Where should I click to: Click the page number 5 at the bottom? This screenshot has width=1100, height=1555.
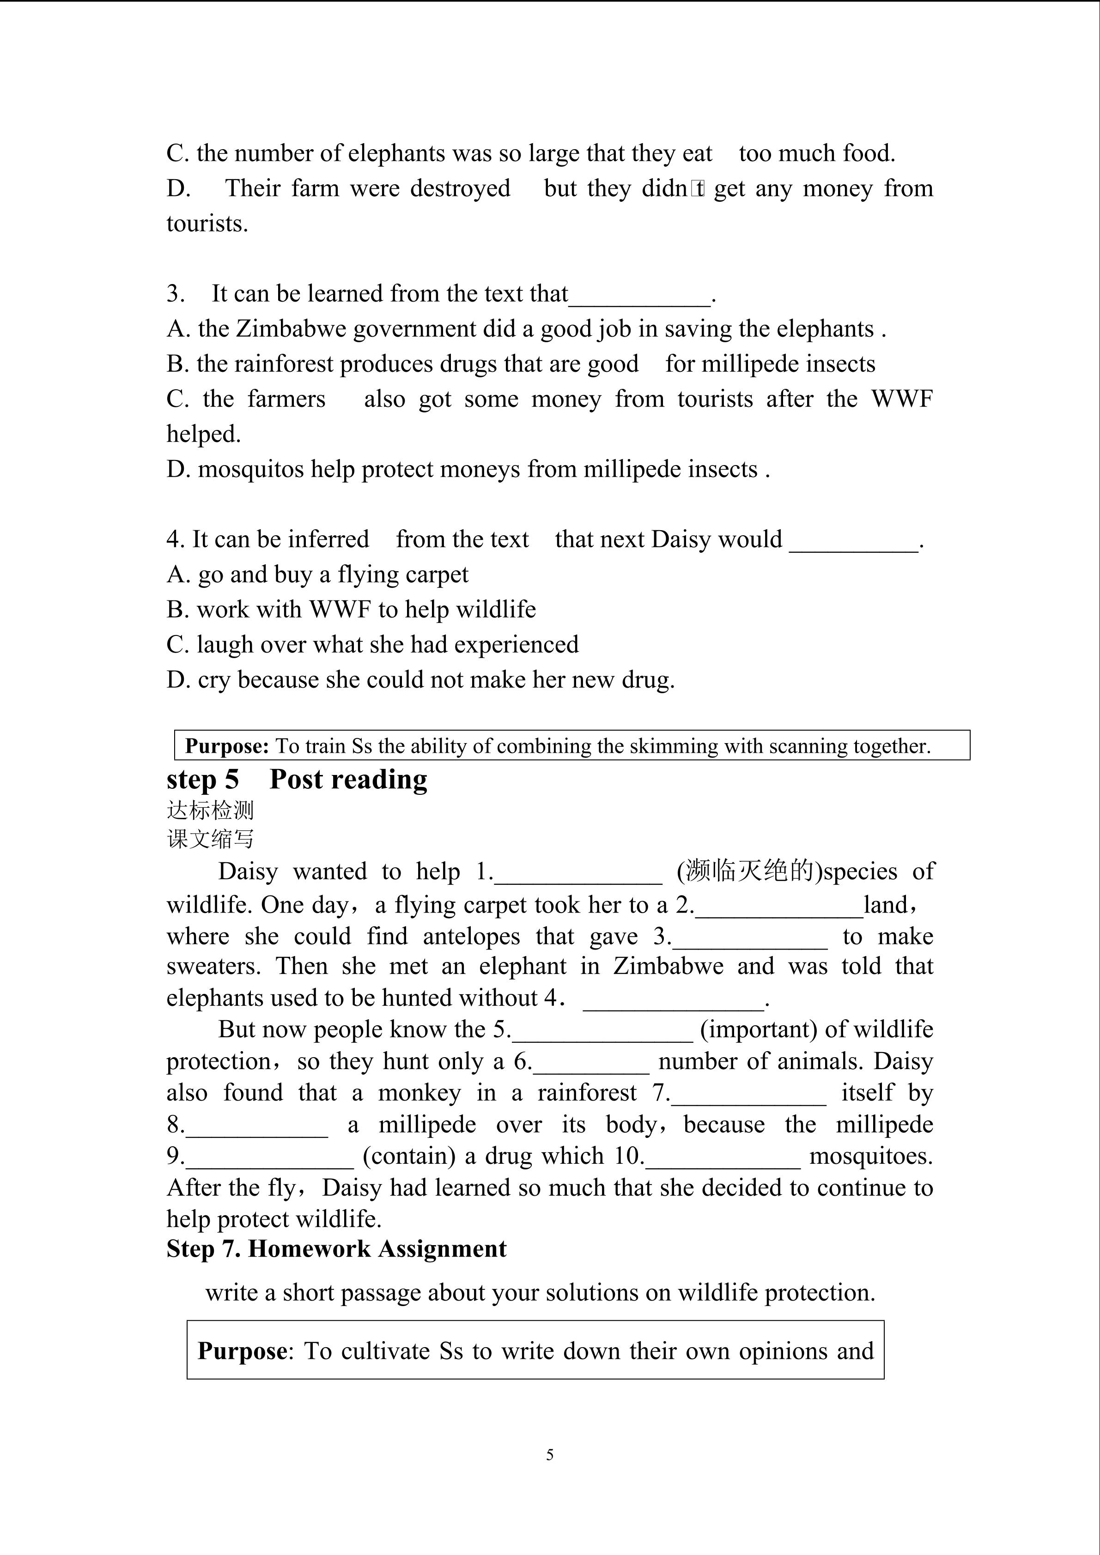549,1455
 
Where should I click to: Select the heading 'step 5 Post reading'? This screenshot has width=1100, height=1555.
297,780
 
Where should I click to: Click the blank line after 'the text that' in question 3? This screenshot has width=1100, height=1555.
640,296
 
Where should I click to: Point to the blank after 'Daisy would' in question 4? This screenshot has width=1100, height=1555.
853,542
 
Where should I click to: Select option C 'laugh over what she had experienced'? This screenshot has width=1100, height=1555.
372,645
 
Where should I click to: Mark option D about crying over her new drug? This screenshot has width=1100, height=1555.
420,680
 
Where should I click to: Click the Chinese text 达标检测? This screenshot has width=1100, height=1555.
210,810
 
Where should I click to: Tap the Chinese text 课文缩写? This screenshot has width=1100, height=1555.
210,839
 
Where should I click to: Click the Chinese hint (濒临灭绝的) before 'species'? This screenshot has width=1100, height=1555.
749,871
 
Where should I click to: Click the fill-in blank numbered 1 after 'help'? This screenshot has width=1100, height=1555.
578,874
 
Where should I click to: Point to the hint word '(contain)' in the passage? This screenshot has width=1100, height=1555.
409,1156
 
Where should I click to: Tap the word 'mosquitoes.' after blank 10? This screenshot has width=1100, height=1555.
871,1156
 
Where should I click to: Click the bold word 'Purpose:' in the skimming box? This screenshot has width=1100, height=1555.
227,746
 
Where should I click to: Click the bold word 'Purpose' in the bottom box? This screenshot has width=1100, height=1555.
242,1351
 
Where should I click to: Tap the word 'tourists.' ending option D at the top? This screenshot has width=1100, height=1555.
207,224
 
